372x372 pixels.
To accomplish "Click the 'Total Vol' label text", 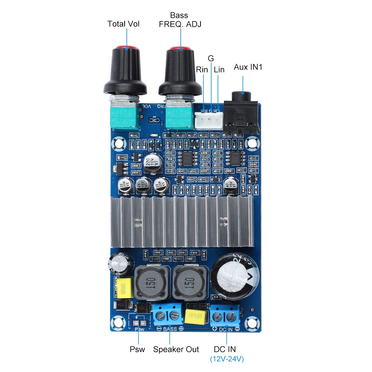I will coord(123,24).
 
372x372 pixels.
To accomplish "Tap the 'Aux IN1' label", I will coord(248,67).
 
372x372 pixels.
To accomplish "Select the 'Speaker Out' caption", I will coord(176,349).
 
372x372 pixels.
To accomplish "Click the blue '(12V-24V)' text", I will coord(227,359).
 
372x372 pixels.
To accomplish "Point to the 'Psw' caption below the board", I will coord(137,349).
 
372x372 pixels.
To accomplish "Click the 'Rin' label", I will coord(202,70).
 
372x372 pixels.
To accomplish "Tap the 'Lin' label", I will coord(219,70).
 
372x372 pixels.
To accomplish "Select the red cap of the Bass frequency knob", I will coord(180,49).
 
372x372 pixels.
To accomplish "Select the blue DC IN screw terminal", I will coord(225,316).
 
